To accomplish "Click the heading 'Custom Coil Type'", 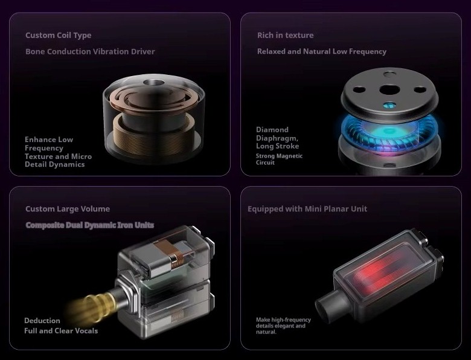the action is (59, 36).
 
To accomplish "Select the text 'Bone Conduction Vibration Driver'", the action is (90, 51).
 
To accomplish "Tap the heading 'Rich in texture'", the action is (286, 35).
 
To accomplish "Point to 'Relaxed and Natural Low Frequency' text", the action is (322, 51).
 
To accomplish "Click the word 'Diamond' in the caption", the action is (272, 129).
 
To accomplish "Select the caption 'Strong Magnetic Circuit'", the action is (279, 159).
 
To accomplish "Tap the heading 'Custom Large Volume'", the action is (68, 209).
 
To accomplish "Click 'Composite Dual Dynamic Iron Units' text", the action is (90, 225).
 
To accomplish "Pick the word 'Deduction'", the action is (42, 321).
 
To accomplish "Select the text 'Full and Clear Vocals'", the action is (61, 331).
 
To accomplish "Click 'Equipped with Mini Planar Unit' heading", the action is (307, 209).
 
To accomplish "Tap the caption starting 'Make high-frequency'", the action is (283, 326).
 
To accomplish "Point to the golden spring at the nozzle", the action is (96, 306).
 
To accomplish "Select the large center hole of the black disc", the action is (388, 89).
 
